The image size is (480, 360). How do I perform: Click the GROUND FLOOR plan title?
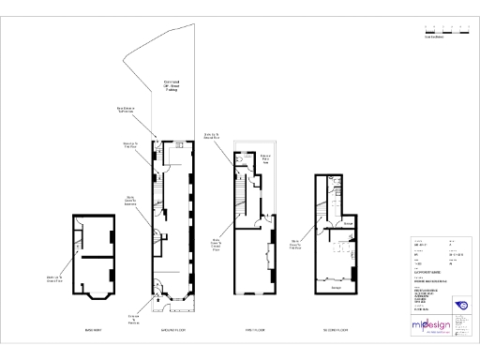[x=175, y=331]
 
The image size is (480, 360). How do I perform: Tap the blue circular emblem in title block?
[x=460, y=304]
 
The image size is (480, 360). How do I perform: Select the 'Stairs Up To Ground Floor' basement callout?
[x=54, y=277]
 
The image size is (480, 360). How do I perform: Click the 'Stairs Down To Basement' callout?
[x=131, y=200]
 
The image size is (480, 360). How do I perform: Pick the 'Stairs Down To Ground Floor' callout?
[x=216, y=246]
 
